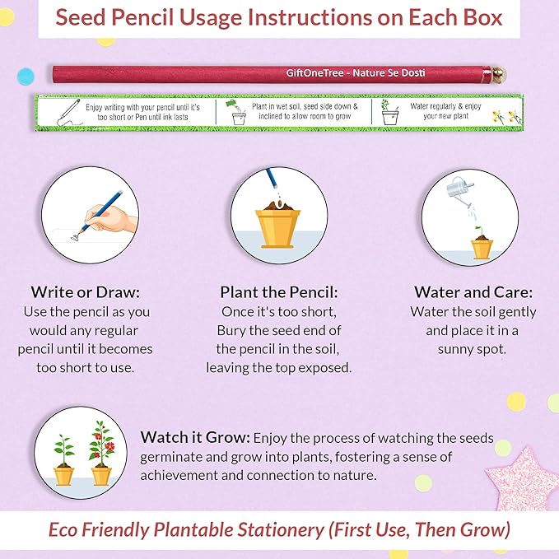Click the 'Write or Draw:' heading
[85, 292]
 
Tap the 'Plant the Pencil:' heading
[280, 292]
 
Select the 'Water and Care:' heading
[473, 292]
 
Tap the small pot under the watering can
[481, 246]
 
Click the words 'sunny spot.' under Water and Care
[473, 349]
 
